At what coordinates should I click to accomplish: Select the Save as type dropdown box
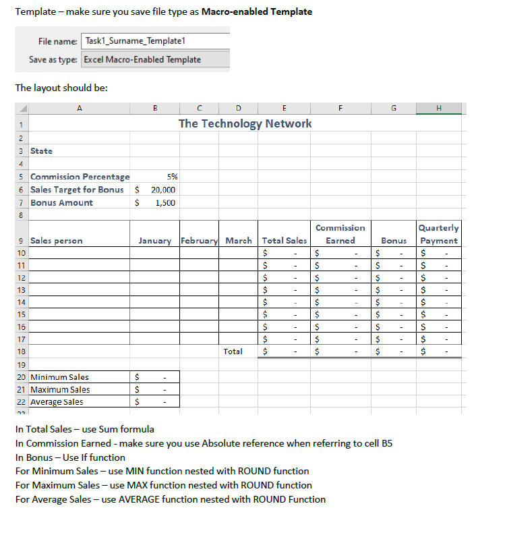pos(155,59)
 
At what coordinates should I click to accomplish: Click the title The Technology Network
pos(245,123)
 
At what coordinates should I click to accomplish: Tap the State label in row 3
pos(42,151)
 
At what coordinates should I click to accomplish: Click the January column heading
pos(155,241)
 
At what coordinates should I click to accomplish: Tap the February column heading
pos(200,241)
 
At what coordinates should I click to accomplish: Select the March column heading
pos(239,241)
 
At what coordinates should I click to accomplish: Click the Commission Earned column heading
pos(340,234)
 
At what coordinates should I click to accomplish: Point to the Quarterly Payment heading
pos(439,234)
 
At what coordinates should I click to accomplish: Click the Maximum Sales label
pos(60,389)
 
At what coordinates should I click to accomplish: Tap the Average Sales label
pos(57,402)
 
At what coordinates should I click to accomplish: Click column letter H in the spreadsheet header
pos(439,107)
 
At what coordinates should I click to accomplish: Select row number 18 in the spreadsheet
pos(21,351)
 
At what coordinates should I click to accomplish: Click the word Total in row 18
pos(233,351)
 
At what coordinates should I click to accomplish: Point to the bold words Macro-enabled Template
pos(257,12)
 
